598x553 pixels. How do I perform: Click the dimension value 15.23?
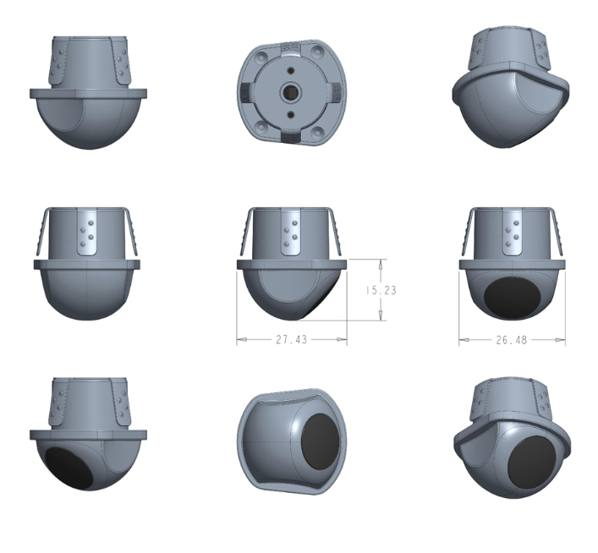point(381,290)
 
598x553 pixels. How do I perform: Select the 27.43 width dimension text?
point(291,339)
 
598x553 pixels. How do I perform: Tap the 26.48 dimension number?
point(512,340)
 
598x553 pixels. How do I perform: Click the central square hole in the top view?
point(291,92)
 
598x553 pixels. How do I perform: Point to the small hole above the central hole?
point(291,70)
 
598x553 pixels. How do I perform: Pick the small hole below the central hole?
point(291,114)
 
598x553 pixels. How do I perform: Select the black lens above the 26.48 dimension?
point(513,298)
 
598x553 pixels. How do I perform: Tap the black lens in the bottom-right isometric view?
point(532,462)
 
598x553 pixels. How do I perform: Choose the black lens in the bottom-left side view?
point(69,468)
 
